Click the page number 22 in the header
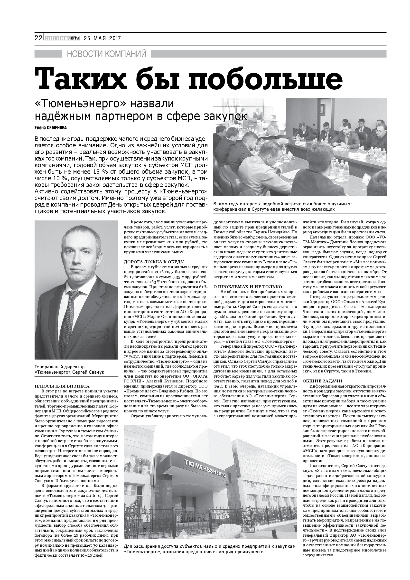click(38, 38)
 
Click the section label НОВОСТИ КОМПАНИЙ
click(107, 54)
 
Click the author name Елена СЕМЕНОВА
click(50, 128)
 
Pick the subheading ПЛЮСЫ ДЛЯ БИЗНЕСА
click(62, 386)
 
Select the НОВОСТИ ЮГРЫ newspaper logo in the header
click(62, 38)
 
